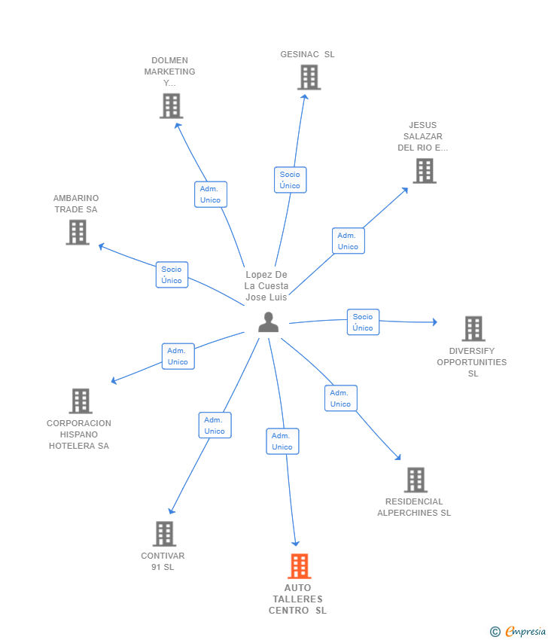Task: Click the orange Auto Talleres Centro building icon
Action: [300, 566]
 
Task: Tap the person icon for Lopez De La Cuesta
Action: [268, 322]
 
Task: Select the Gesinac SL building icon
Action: [309, 78]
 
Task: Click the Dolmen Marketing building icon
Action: [171, 106]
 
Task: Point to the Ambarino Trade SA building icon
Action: [78, 232]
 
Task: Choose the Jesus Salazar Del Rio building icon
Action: [425, 171]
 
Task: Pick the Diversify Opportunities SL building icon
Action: [473, 329]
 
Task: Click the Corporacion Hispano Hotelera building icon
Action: [81, 401]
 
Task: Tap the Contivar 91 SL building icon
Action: [164, 534]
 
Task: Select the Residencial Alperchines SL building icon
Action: [416, 480]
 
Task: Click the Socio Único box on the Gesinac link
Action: [290, 180]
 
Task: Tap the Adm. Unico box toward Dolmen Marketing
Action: [210, 194]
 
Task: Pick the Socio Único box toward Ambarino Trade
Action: [172, 275]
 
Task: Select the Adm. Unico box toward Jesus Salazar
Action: [348, 241]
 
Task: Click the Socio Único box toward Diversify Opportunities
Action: [363, 322]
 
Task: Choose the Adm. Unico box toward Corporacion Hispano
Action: [178, 356]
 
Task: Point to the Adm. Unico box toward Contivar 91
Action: [215, 425]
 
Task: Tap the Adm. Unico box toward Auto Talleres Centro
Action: [282, 441]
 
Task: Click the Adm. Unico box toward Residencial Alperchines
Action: [340, 398]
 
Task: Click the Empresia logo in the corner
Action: [519, 632]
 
